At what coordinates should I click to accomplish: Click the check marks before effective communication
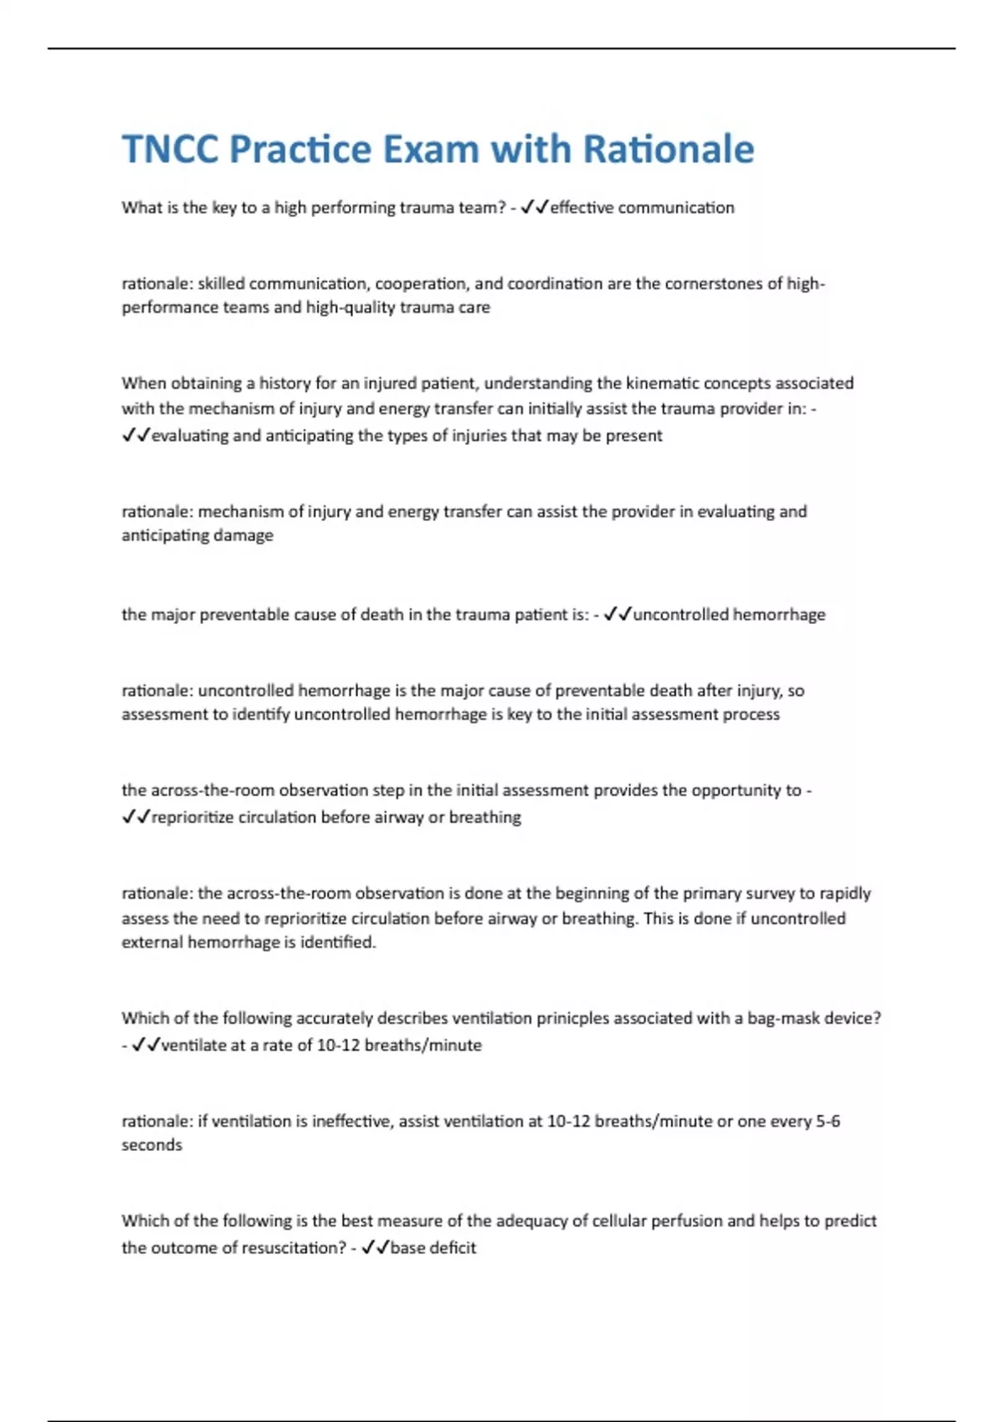coord(533,207)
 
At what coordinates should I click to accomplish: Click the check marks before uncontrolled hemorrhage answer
coord(617,615)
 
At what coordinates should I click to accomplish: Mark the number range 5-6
coord(827,1122)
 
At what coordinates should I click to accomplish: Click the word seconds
coord(151,1145)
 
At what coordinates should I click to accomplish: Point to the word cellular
coord(622,1221)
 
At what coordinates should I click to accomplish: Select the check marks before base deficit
coord(374,1248)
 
